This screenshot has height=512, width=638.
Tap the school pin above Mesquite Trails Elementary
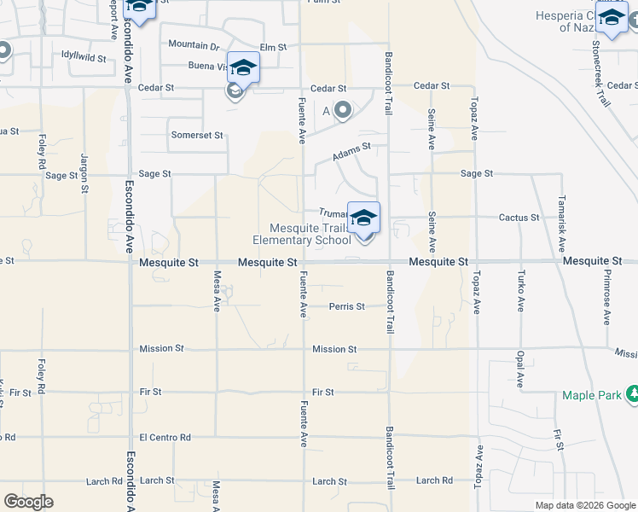click(x=363, y=218)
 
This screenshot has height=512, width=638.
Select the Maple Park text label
click(x=593, y=395)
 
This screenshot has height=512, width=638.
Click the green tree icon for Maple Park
click(x=633, y=394)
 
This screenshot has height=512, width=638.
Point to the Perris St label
click(x=347, y=306)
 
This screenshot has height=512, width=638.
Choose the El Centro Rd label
click(x=165, y=437)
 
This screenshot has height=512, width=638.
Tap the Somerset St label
click(x=196, y=135)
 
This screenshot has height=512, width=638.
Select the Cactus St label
click(x=519, y=218)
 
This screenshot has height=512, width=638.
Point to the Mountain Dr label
click(x=194, y=44)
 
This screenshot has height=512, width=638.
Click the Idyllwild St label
click(x=83, y=59)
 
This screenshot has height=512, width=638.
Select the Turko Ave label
click(x=519, y=291)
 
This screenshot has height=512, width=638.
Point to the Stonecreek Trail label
click(x=605, y=77)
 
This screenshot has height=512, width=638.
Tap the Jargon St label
click(x=84, y=171)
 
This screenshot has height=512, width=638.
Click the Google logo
click(x=28, y=502)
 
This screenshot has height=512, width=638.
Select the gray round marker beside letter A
click(x=343, y=109)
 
